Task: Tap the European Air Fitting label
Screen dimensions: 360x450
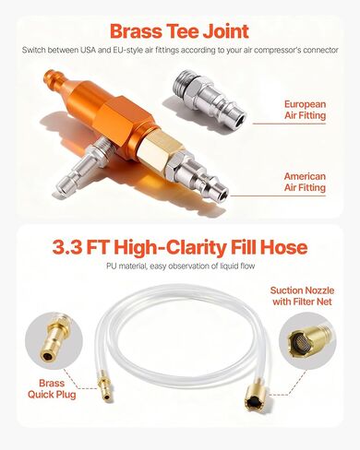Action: coord(305,110)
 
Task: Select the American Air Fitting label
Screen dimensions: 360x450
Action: coord(305,182)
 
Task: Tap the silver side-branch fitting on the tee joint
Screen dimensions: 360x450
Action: coord(83,167)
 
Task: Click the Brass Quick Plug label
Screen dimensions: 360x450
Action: coord(52,388)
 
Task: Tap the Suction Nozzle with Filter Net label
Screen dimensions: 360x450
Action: coord(302,296)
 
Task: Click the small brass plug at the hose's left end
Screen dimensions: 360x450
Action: coord(104,385)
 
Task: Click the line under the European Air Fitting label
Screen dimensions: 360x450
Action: coord(289,124)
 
